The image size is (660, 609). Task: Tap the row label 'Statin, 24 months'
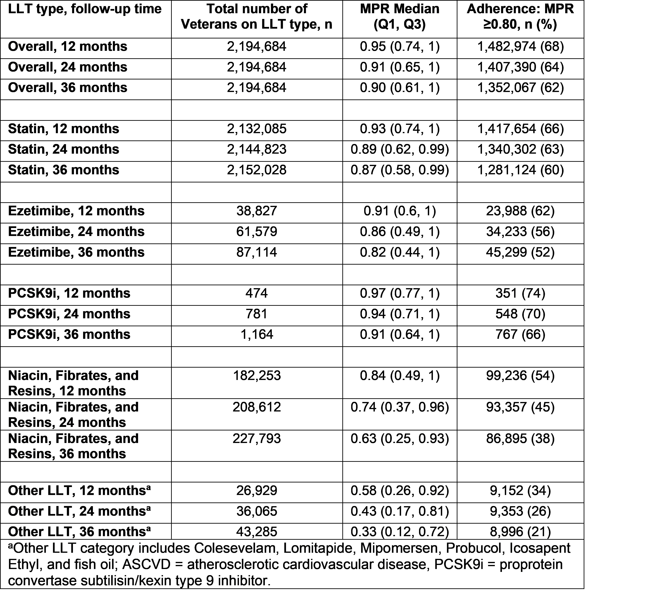(x=63, y=149)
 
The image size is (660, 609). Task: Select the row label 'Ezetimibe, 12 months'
(x=76, y=211)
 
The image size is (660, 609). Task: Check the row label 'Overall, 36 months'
(x=68, y=88)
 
